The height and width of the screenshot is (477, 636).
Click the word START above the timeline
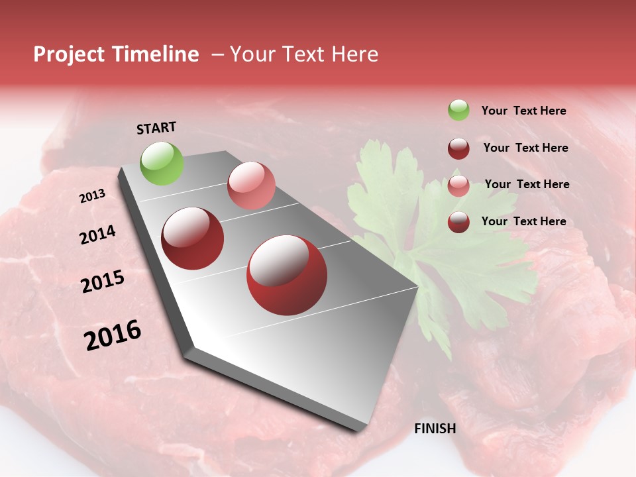[x=156, y=128]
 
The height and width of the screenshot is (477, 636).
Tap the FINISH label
[x=435, y=429]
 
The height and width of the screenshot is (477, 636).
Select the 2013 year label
[x=92, y=196]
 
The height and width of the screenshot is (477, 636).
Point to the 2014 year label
[x=97, y=235]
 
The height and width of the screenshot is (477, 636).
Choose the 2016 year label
[x=113, y=335]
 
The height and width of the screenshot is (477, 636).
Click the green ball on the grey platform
[x=162, y=163]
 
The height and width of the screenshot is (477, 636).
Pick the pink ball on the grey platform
[x=251, y=185]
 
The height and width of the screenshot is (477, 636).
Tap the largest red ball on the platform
[x=286, y=275]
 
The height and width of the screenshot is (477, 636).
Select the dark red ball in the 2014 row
[x=192, y=238]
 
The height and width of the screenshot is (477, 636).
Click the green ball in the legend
[x=458, y=110]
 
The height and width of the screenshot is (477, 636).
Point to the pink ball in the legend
[x=458, y=185]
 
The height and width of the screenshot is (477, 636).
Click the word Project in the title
[x=69, y=54]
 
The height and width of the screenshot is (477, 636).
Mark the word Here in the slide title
[x=354, y=54]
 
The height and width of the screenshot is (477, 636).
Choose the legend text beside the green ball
[x=523, y=111]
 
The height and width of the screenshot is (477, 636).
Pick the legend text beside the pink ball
[x=527, y=184]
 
